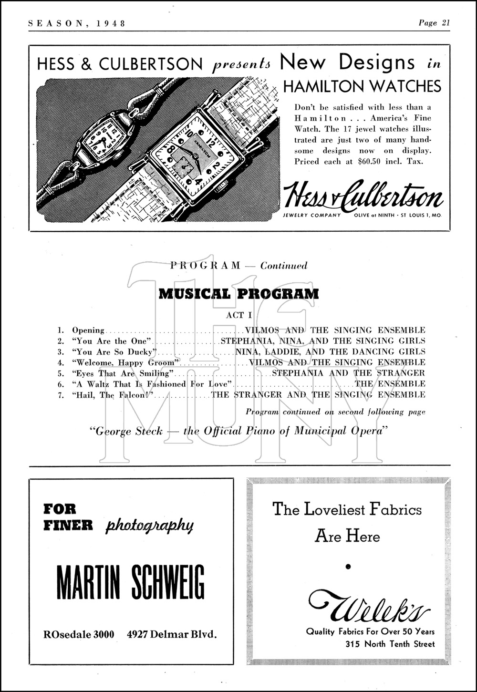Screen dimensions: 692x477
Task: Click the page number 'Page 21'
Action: click(434, 22)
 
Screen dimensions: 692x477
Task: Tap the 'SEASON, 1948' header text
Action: click(77, 23)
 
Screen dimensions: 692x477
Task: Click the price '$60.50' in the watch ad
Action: click(369, 161)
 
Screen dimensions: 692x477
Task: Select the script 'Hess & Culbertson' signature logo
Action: click(363, 195)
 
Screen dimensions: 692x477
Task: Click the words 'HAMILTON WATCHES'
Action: click(362, 86)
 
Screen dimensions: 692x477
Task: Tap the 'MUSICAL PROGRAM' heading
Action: click(238, 294)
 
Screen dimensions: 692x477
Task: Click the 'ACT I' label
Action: click(238, 315)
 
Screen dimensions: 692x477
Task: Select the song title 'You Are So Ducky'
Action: click(114, 352)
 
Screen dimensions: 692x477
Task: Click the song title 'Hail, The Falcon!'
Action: click(114, 395)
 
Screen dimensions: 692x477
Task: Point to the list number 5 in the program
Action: click(61, 373)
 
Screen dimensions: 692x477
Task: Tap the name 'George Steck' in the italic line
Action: click(126, 432)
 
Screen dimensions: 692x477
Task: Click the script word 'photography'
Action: click(149, 525)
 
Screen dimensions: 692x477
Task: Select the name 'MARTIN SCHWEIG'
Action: click(130, 582)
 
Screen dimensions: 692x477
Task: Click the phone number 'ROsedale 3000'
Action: click(79, 634)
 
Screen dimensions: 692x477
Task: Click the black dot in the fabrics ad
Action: click(348, 567)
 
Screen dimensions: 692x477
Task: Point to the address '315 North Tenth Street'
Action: click(390, 644)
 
